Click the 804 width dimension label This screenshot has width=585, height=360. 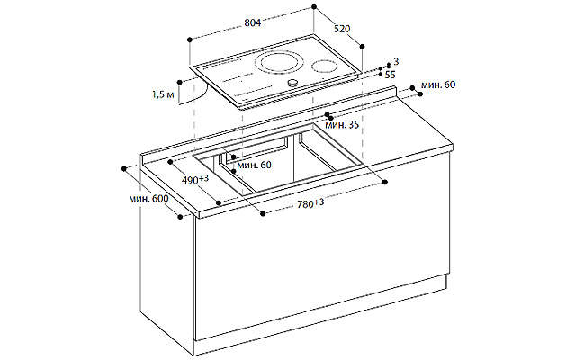253,22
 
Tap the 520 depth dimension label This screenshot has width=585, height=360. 342,29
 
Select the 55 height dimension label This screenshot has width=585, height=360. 390,75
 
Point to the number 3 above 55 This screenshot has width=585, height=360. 396,61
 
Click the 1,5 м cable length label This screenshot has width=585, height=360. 163,94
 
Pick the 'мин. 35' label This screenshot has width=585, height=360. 342,124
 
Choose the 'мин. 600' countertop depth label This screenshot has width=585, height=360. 148,199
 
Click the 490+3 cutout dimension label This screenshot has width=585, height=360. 194,180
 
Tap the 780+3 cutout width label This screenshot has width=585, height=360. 310,203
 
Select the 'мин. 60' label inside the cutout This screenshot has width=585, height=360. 254,165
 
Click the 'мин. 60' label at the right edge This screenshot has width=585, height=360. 438,85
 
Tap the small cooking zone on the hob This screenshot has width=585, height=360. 325,67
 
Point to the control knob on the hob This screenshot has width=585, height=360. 292,83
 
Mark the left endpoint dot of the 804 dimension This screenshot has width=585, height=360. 190,40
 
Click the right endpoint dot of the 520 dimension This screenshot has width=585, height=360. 362,46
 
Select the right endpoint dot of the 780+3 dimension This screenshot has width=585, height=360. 385,182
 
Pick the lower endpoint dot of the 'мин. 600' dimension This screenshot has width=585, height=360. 180,217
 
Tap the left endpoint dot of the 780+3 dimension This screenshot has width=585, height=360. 263,213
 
